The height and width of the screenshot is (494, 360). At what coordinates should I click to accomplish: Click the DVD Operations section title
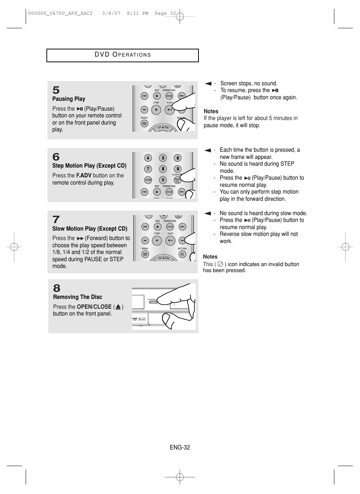tap(123, 55)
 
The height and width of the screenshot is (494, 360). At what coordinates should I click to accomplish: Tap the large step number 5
tap(56, 90)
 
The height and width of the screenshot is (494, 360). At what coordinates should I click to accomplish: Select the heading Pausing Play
tap(69, 99)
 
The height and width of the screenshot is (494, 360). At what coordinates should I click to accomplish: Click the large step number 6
tap(56, 157)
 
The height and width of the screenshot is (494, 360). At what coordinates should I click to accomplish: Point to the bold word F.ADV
tap(84, 175)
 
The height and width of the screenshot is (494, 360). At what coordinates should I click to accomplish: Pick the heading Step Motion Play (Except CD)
tap(89, 166)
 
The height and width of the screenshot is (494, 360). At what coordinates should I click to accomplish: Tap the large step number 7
tap(56, 219)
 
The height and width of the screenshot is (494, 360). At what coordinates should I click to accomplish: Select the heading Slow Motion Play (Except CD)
tap(90, 229)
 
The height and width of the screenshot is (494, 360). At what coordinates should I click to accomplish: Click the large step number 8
tap(57, 288)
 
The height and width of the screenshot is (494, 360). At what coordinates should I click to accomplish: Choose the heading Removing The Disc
tap(78, 297)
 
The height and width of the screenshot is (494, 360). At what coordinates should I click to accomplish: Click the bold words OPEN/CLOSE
tap(94, 307)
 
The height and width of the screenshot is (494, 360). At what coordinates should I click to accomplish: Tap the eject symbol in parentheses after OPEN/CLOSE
tap(118, 307)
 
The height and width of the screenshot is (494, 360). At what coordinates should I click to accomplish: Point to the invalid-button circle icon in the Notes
tap(220, 264)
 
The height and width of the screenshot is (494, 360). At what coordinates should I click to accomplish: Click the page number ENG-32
tap(180, 448)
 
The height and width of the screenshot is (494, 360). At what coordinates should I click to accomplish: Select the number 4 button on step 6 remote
tap(148, 158)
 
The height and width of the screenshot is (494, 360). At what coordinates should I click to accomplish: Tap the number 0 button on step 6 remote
tap(163, 180)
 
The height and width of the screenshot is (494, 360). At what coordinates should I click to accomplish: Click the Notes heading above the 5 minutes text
tap(211, 111)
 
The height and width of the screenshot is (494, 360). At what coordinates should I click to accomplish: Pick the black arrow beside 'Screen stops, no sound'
tap(208, 83)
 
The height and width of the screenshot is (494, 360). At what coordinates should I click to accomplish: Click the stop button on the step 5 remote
tap(156, 110)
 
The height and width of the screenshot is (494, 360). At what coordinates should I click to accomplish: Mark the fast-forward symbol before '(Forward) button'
tap(80, 239)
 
